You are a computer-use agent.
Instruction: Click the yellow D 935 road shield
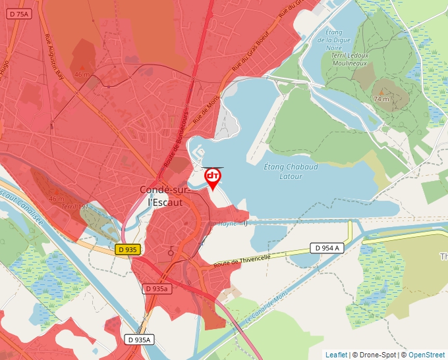pos(127,249)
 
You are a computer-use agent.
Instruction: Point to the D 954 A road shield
pos(328,248)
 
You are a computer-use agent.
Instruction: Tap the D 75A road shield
pos(20,14)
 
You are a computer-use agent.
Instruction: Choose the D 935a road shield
pos(157,289)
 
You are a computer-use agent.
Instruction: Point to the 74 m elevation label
pos(381,98)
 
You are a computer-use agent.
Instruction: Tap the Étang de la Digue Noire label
pos(334,39)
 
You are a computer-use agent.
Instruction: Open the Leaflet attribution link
pos(336,355)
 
